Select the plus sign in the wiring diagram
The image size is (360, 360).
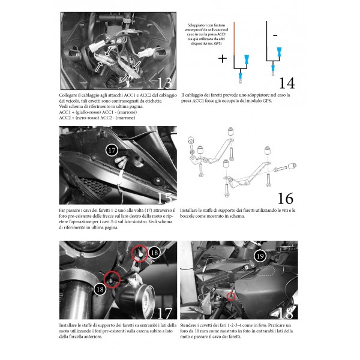click(222, 59)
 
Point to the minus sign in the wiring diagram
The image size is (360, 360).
click(274, 35)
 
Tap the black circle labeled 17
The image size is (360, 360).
click(112, 151)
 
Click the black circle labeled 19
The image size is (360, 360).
click(260, 256)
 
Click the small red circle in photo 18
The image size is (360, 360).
click(232, 296)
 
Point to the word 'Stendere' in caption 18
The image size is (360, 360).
click(191, 326)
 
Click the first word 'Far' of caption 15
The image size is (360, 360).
click(63, 211)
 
